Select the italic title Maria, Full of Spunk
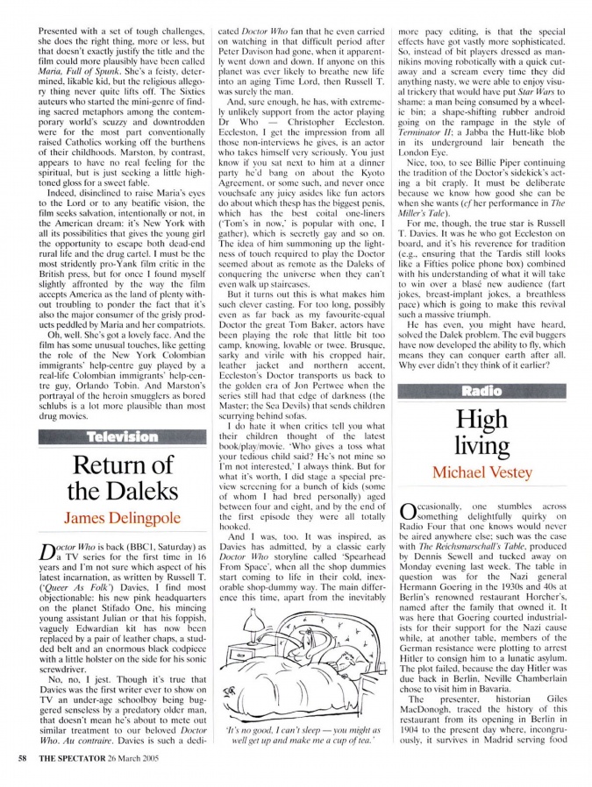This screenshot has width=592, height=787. click(x=84, y=65)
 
